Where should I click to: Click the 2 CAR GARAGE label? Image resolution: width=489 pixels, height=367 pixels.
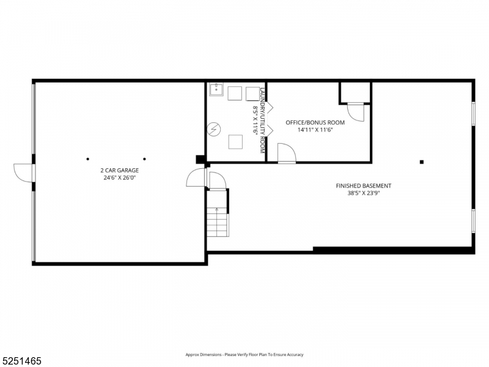(x=120, y=171)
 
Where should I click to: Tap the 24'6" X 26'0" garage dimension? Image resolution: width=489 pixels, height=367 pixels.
(x=120, y=178)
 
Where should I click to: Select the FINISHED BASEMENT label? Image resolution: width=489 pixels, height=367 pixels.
(x=364, y=186)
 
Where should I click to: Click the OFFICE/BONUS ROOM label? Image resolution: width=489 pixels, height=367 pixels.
(x=315, y=122)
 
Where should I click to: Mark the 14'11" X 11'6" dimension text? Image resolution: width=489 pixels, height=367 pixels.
(x=315, y=130)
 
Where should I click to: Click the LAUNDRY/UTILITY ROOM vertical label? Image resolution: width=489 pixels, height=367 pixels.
(x=262, y=120)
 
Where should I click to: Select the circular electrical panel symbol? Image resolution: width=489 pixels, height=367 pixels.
(x=214, y=129)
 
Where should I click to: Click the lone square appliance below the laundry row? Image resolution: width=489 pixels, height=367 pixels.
(x=235, y=141)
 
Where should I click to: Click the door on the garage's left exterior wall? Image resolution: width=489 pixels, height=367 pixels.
(x=23, y=173)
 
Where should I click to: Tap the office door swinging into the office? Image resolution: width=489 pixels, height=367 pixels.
(x=286, y=154)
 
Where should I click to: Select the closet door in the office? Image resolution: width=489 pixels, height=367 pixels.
(x=355, y=112)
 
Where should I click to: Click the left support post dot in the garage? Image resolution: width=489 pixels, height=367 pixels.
(x=87, y=158)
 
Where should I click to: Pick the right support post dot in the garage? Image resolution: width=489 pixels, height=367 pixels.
(x=144, y=158)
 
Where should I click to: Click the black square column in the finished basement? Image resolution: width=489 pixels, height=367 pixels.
(x=421, y=162)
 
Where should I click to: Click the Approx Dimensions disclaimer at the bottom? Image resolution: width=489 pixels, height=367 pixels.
(x=244, y=355)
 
